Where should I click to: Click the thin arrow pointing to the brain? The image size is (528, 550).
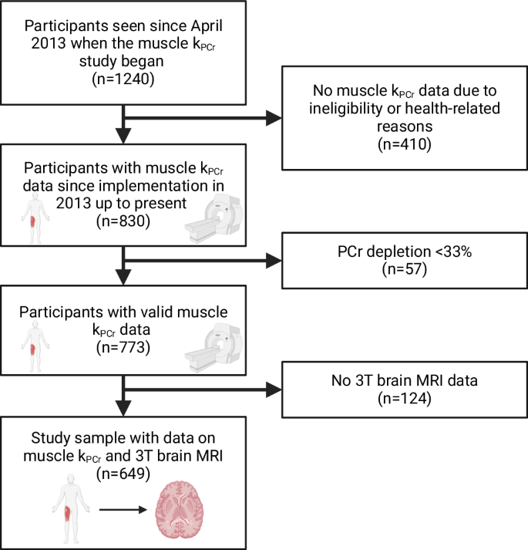[123, 511]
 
